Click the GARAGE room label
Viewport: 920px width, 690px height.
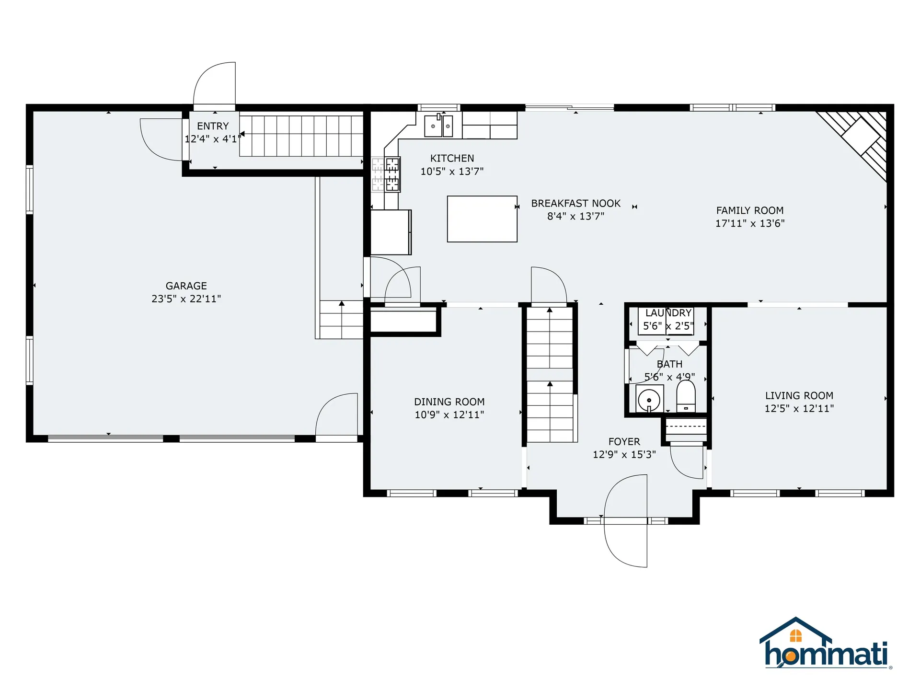(186, 286)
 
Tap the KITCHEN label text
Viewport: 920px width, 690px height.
(452, 159)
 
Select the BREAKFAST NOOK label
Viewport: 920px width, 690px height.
(575, 204)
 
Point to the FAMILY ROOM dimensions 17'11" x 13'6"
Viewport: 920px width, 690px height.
(750, 223)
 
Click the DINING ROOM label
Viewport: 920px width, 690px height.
(449, 402)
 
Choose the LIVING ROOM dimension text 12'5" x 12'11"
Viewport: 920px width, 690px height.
(799, 409)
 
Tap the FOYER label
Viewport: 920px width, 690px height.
(624, 442)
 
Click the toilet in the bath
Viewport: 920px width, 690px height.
(686, 396)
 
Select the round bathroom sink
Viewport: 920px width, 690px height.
(649, 399)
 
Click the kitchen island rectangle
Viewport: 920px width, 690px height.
(482, 219)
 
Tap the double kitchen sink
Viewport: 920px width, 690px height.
(438, 126)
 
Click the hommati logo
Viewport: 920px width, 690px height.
(826, 643)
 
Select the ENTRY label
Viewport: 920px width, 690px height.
(213, 126)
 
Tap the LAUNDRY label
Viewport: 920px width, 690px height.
(668, 313)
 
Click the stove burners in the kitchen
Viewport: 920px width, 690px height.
(386, 174)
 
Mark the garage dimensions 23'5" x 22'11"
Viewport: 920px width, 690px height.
(186, 299)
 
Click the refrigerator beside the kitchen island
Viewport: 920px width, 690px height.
(391, 232)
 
